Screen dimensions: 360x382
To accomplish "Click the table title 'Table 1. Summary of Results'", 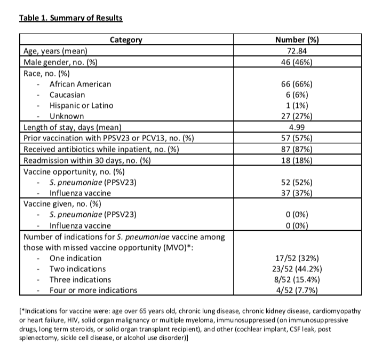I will (70, 18).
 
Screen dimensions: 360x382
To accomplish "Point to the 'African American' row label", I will (80, 84).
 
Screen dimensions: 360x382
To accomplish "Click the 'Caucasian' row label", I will (67, 95).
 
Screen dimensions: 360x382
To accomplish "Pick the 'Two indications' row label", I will (77, 269).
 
